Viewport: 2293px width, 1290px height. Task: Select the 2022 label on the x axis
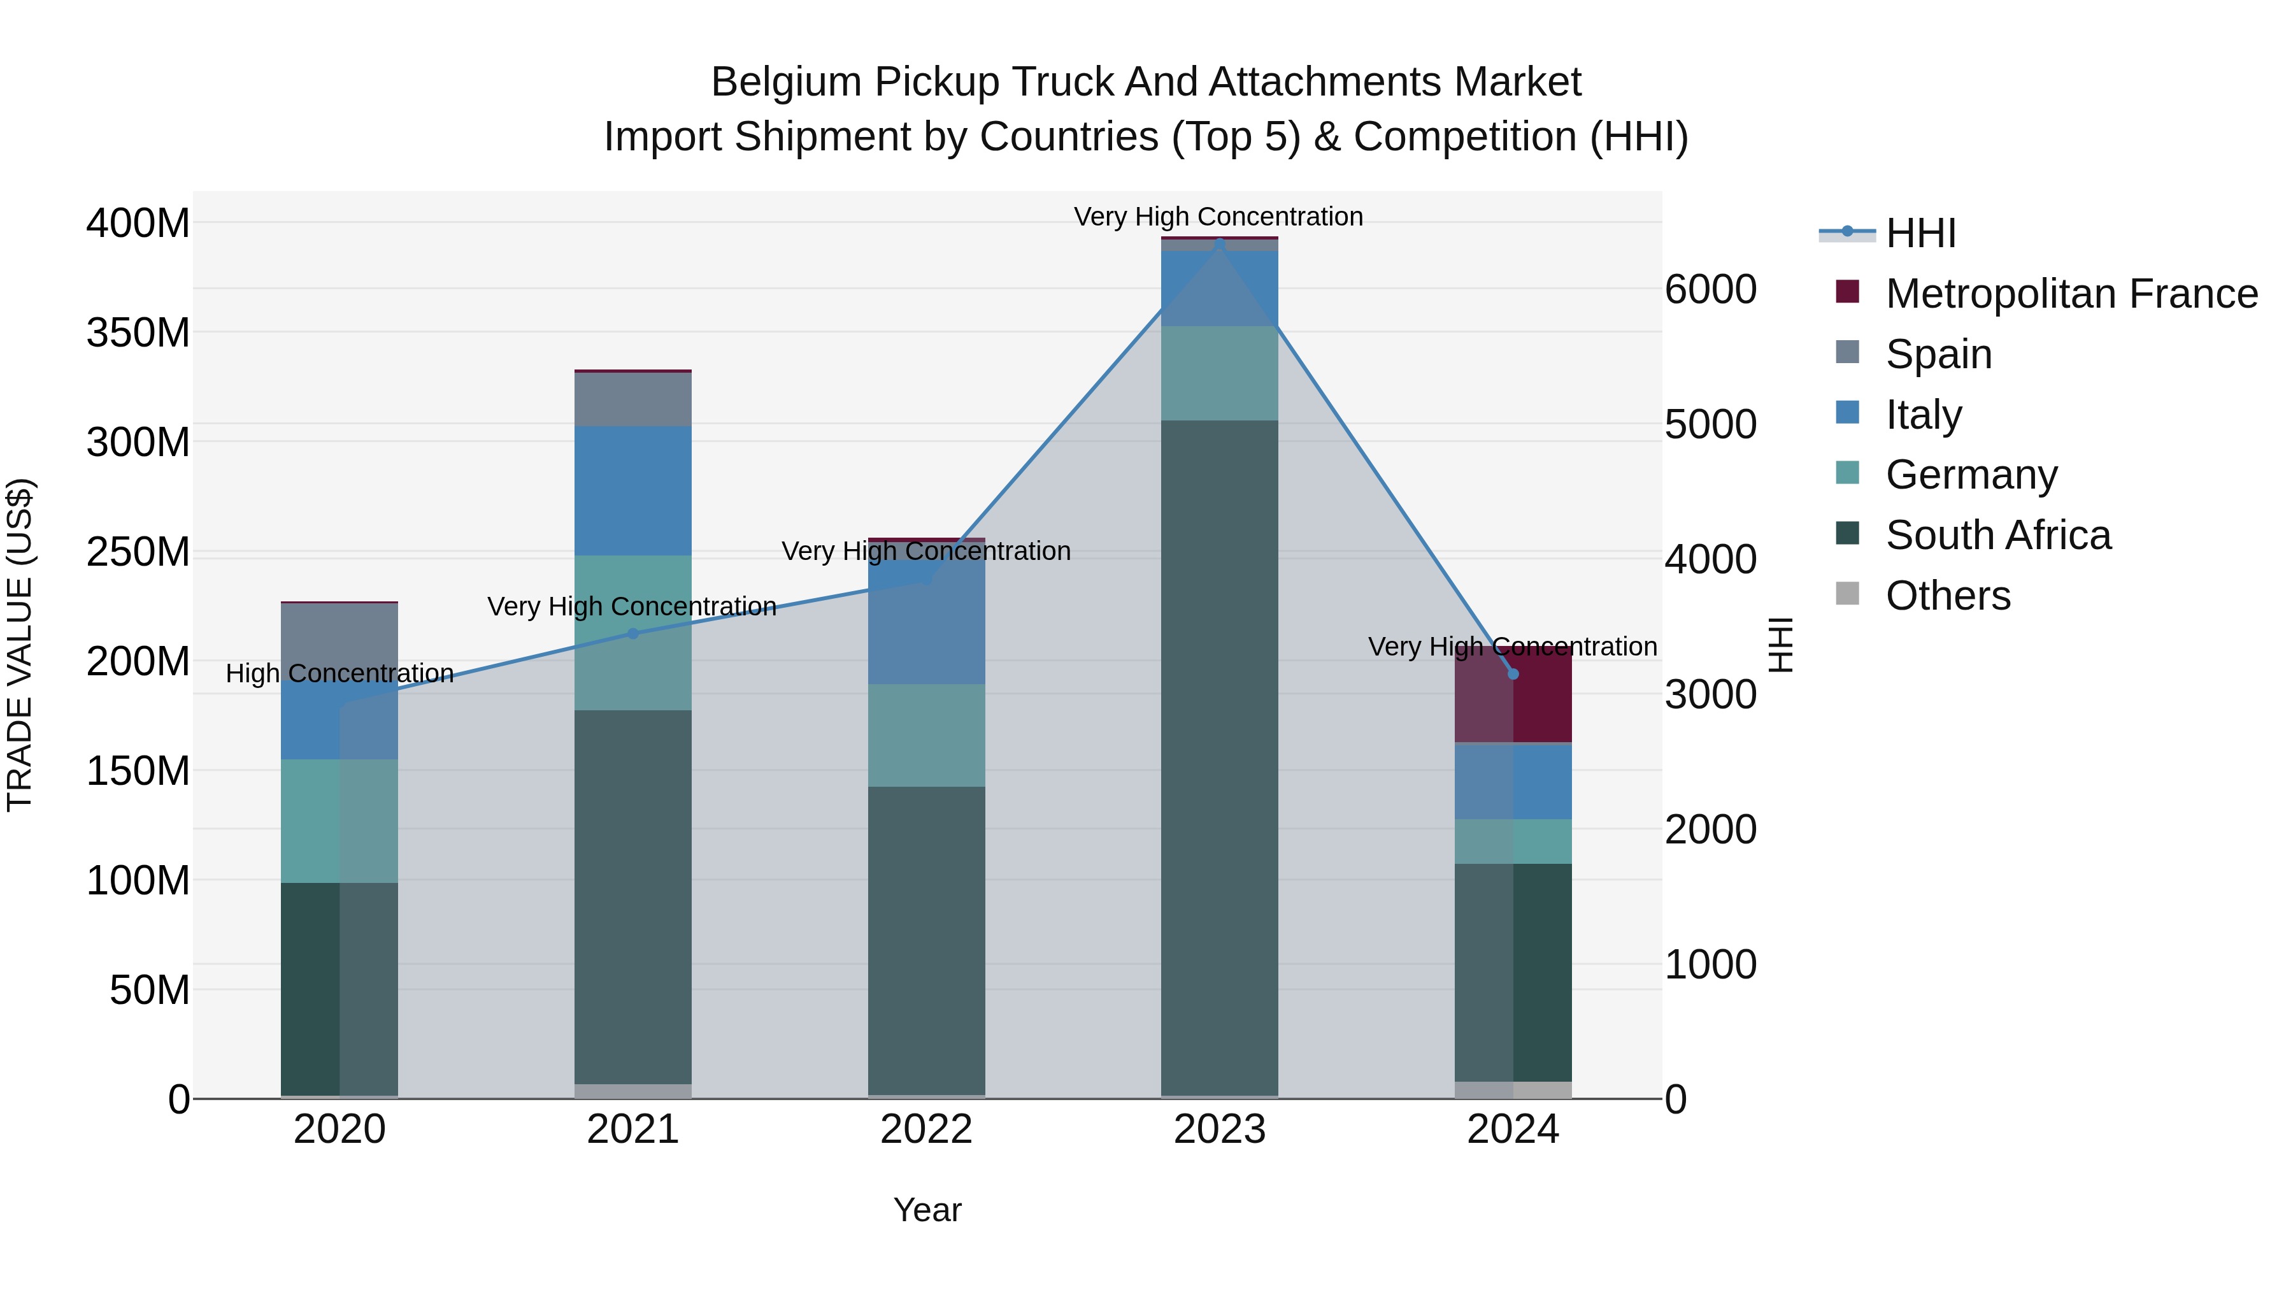[x=925, y=1129]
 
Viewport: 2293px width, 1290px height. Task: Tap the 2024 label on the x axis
[x=1512, y=1129]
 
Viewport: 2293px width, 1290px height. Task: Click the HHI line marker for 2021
[x=633, y=634]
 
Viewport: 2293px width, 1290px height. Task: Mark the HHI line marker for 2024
[x=1512, y=674]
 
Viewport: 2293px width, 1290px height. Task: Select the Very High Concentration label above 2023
[x=1218, y=217]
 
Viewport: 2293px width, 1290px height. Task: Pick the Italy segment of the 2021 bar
[x=633, y=491]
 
